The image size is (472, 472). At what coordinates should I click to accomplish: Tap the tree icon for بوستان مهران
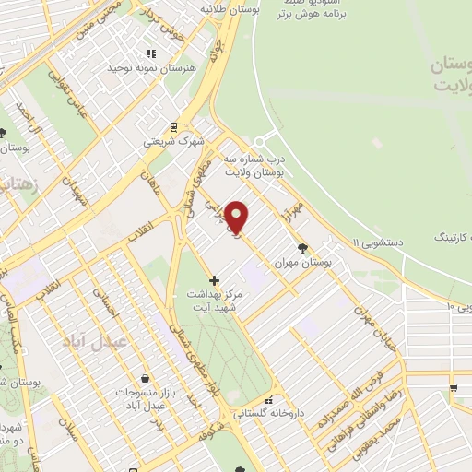(x=303, y=247)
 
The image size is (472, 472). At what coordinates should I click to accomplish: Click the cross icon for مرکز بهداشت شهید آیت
(x=215, y=279)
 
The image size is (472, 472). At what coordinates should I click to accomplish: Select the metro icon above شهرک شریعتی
(x=173, y=128)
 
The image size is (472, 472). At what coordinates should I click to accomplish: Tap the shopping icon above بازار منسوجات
(x=146, y=378)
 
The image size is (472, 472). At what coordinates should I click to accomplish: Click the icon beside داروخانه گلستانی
(x=268, y=401)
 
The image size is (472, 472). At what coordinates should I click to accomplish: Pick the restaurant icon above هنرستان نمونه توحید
(x=151, y=54)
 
